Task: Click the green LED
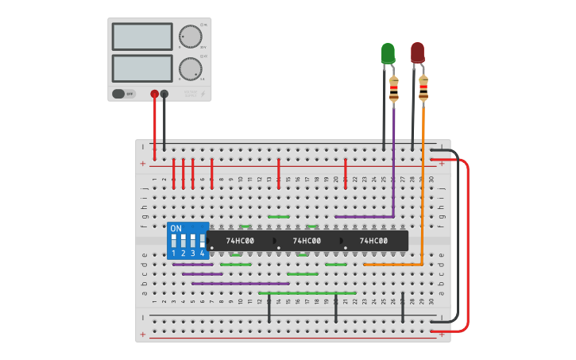(388, 53)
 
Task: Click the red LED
(417, 52)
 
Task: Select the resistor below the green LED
(393, 89)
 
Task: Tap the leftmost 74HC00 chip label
(240, 241)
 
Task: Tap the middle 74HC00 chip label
(307, 241)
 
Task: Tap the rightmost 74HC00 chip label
(373, 241)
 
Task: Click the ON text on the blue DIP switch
(176, 228)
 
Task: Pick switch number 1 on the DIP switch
(174, 242)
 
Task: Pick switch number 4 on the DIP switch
(202, 242)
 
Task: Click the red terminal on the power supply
(154, 94)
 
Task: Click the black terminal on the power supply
(164, 94)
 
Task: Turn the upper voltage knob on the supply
(190, 37)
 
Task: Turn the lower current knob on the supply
(190, 68)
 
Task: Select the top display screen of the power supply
(142, 37)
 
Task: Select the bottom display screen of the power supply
(142, 68)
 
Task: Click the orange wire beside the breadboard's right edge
(423, 191)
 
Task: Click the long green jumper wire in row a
(307, 292)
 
